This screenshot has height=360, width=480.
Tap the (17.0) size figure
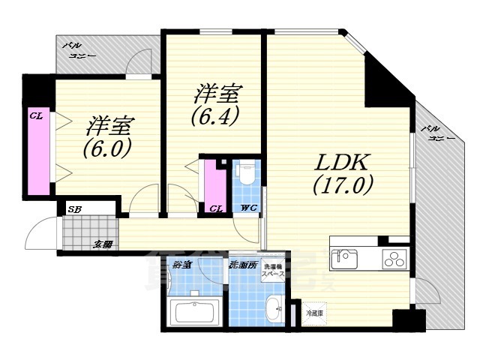(343, 184)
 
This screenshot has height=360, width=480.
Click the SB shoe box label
(74, 210)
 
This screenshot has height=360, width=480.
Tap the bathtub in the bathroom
(194, 311)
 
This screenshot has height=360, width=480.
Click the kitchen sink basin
(346, 259)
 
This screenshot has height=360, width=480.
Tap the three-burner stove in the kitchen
(394, 259)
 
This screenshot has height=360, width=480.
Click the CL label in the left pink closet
(34, 116)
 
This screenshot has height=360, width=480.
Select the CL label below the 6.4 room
(216, 208)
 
